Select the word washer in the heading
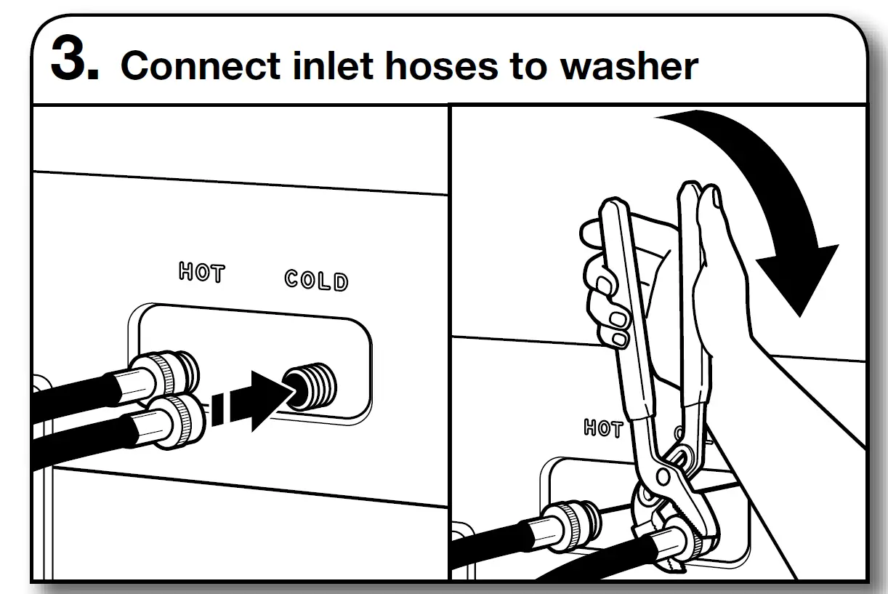[629, 66]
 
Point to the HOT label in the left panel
[202, 274]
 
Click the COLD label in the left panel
[316, 281]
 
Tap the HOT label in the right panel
[603, 428]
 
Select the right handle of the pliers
[690, 305]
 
